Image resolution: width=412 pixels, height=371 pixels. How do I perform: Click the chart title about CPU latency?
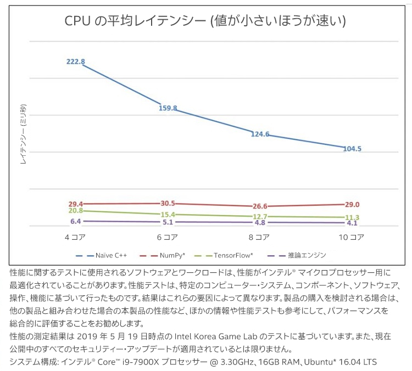tap(205, 21)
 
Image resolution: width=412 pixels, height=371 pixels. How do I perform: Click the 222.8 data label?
tap(75, 62)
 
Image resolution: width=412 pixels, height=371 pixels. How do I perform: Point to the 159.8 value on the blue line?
tap(168, 108)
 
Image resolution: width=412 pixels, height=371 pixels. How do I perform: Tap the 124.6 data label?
tap(259, 134)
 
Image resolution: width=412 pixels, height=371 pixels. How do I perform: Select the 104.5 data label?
tap(352, 149)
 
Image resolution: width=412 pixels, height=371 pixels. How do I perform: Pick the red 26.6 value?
tap(259, 206)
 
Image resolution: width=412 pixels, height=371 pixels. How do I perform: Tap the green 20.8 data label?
tap(75, 210)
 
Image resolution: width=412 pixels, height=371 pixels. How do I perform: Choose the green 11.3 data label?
tap(352, 217)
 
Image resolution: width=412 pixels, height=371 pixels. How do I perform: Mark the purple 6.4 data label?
tap(75, 221)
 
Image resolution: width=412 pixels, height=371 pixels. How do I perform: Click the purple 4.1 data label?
tap(352, 223)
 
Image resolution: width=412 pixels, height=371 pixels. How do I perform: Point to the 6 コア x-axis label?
tap(168, 237)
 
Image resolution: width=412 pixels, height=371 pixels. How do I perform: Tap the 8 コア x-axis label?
tap(259, 237)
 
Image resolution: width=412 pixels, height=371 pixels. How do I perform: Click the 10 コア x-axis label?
tap(352, 237)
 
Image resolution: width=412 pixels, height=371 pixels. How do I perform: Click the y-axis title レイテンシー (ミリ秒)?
tap(24, 134)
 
